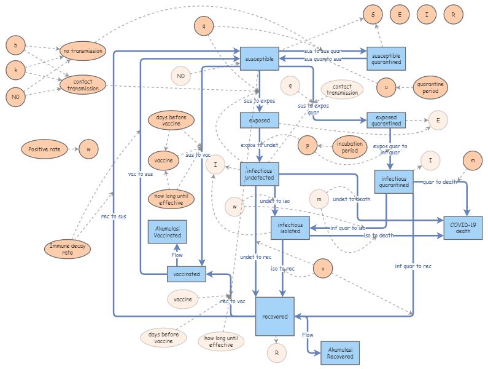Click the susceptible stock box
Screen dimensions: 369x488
[x=260, y=58]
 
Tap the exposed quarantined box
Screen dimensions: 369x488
[x=386, y=120]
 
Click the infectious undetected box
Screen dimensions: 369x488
[x=260, y=173]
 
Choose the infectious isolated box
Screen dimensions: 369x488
[x=290, y=228]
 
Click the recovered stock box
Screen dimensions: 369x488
[x=274, y=316]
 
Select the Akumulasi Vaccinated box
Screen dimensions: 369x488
[x=168, y=232]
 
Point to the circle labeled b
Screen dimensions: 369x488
[x=16, y=46]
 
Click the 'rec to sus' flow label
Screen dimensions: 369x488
[x=115, y=216]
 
